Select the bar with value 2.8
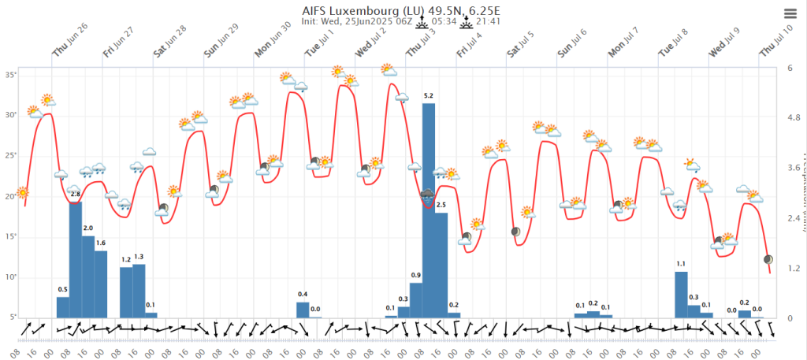(76, 260)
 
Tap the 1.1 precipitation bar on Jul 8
(681, 295)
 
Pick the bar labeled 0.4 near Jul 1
(303, 310)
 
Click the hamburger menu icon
(790, 13)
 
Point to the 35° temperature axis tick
(11, 74)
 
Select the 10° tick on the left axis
(11, 276)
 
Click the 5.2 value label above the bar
(429, 96)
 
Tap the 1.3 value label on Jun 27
(139, 257)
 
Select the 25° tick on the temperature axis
(11, 155)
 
